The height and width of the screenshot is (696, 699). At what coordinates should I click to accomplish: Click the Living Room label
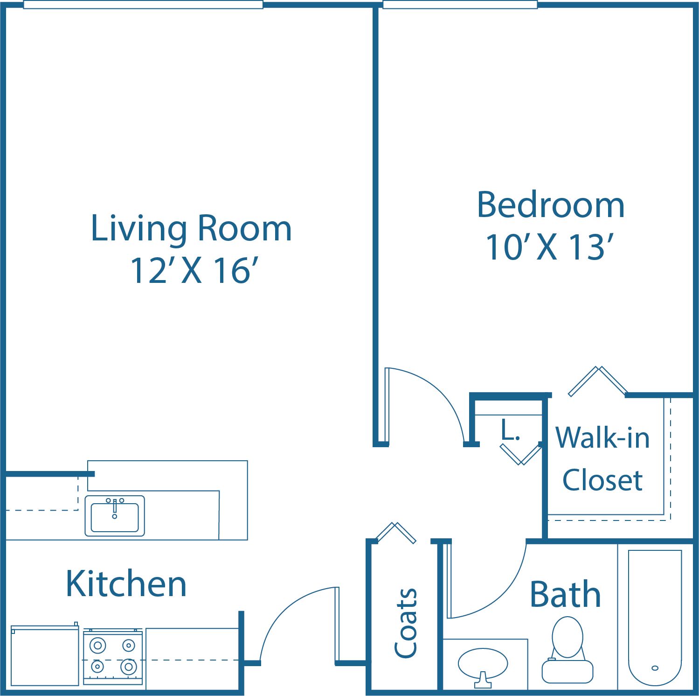coord(191,229)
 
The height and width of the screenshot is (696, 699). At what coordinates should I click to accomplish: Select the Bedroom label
coord(550,205)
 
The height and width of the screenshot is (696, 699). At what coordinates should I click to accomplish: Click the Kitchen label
coord(126,584)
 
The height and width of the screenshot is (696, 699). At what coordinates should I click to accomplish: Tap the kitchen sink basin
coord(115,517)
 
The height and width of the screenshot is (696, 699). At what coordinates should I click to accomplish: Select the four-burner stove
coord(113,657)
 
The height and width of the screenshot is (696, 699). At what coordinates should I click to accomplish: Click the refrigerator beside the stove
coord(45,656)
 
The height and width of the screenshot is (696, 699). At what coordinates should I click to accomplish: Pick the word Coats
coord(406,623)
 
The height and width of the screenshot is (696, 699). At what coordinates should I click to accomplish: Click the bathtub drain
coord(655,668)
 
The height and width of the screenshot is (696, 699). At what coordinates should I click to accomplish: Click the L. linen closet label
coord(510,430)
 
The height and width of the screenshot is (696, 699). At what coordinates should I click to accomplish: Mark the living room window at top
coord(143,5)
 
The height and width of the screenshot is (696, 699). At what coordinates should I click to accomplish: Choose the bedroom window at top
coord(460,5)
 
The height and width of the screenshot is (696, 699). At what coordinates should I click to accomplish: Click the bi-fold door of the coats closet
coord(396,533)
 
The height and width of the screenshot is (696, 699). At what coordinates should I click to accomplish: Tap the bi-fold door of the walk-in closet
coord(597,381)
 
